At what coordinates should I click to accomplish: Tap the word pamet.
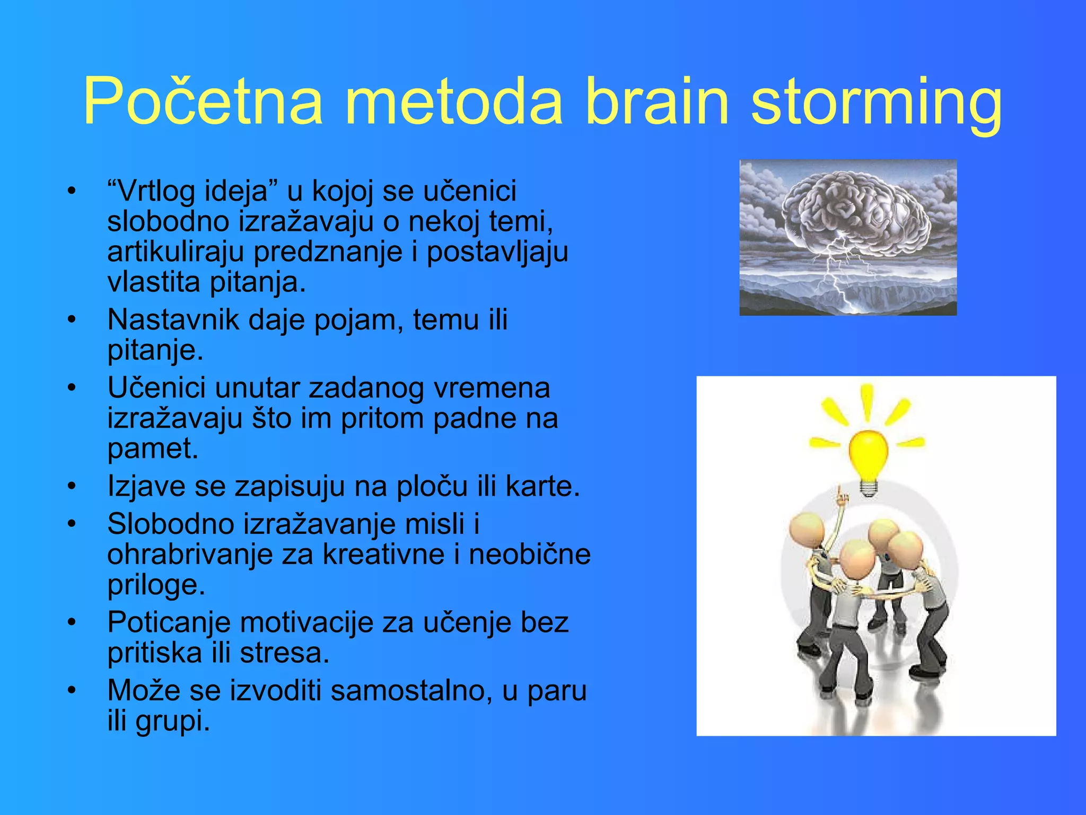pos(153,449)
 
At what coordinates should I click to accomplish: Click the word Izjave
pos(146,486)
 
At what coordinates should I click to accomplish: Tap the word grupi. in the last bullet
pos(173,721)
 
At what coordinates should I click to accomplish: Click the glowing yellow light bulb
pos(868,454)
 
